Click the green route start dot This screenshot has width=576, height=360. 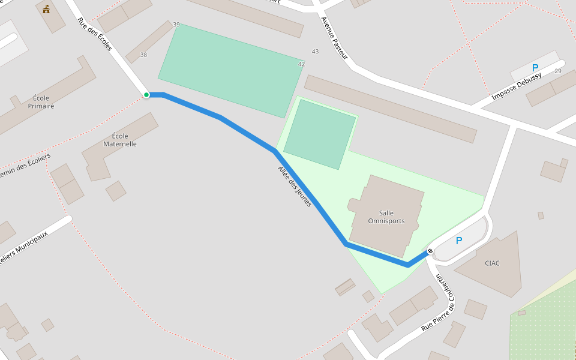coord(146,95)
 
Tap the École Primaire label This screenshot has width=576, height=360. coord(41,102)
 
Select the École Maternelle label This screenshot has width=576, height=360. coord(120,140)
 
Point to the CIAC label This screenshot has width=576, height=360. coord(492,263)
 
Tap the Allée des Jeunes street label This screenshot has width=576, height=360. coord(295,187)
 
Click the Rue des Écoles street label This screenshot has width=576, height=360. coord(95,34)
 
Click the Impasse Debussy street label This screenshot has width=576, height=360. coord(516,87)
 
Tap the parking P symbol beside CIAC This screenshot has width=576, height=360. coord(459,241)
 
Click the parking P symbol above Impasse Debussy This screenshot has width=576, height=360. coord(535,68)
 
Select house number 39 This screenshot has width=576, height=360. coord(176,25)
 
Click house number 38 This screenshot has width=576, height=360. coord(143,55)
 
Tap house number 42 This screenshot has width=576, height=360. coord(301,64)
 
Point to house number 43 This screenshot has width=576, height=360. coord(315,52)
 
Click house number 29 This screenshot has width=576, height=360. coord(558,71)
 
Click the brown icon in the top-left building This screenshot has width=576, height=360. coord(46,9)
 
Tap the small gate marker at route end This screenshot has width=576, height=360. coord(430,251)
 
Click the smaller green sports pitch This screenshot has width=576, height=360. coord(320,134)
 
